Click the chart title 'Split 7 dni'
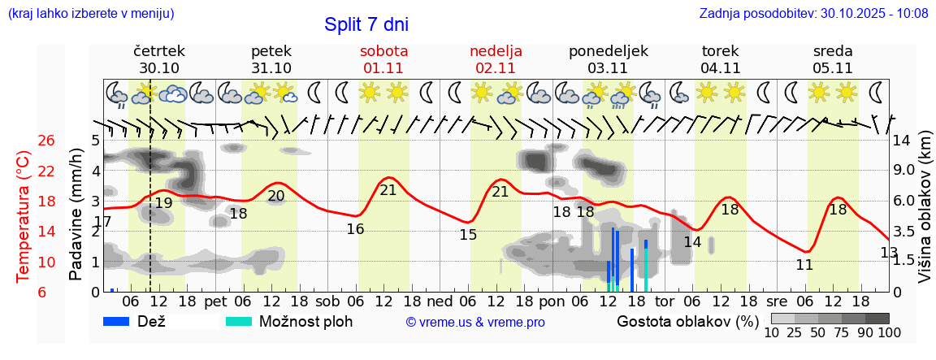(366, 24)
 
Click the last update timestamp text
(813, 13)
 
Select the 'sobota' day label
(383, 51)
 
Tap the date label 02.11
(496, 68)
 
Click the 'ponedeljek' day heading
(609, 51)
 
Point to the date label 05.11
(833, 68)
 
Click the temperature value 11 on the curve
(804, 265)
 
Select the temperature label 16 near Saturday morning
(355, 229)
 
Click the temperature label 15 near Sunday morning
(468, 235)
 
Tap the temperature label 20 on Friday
(276, 196)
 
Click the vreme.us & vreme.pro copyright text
(475, 322)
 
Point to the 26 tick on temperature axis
(46, 141)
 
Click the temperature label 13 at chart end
(889, 253)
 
